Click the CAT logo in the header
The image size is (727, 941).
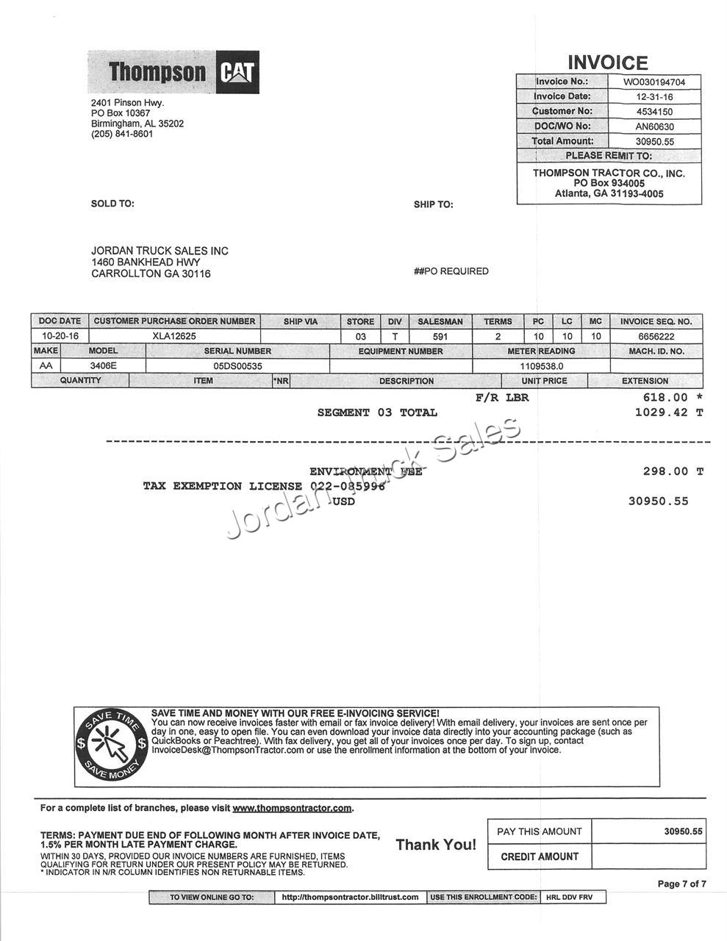pos(237,72)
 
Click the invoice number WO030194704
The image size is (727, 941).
pos(654,82)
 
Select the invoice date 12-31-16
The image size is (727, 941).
pos(654,96)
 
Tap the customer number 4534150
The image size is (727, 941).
pos(654,112)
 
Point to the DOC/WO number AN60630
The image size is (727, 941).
pos(654,126)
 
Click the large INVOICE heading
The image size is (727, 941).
pos(608,62)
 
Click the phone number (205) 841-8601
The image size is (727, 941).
pos(122,135)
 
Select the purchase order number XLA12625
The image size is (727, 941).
pos(174,336)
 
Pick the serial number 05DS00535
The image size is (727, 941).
pos(237,365)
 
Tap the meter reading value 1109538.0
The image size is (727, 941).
pos(541,365)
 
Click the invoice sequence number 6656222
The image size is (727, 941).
pos(656,336)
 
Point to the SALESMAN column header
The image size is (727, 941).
pos(440,321)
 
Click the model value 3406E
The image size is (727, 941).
pos(103,365)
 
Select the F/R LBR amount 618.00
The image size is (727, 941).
pos(665,398)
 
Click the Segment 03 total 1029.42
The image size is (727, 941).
pos(662,412)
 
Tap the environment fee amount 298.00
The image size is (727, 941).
pos(666,471)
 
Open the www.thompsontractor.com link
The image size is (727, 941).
pos(292,809)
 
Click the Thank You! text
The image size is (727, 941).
pos(436,845)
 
